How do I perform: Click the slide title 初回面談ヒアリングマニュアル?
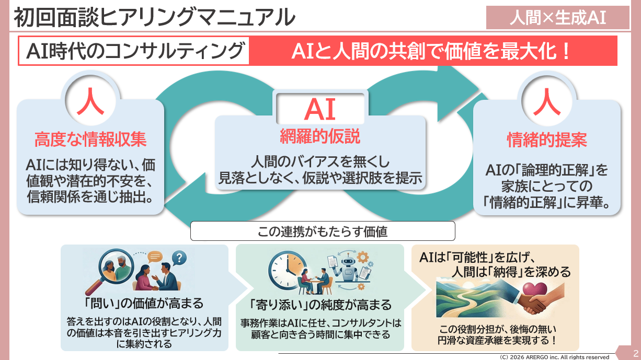click(154, 17)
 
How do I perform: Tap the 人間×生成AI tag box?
click(557, 18)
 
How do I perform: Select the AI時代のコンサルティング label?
click(135, 51)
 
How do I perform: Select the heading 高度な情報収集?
click(90, 140)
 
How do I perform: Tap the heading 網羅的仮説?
click(319, 137)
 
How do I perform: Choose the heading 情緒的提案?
click(547, 140)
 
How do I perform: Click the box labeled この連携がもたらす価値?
click(323, 231)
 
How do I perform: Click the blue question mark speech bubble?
click(179, 258)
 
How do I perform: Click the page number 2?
click(635, 353)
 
